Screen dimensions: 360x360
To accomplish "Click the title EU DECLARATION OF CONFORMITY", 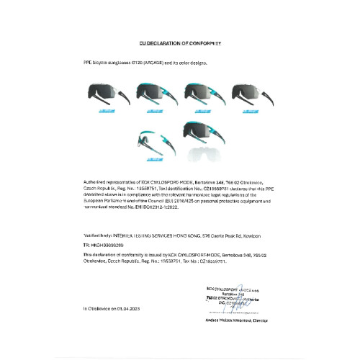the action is pyautogui.click(x=180, y=44).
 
